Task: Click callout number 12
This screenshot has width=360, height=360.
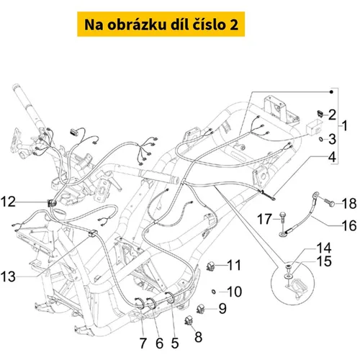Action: [x=8, y=202]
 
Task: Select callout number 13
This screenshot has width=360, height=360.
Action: [x=8, y=276]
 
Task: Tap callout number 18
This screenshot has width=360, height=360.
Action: [x=349, y=204]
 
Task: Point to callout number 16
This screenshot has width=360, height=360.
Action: [x=349, y=225]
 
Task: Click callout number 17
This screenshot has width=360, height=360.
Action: [x=264, y=219]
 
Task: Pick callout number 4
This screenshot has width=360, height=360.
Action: [x=332, y=157]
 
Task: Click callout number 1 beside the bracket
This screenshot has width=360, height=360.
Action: [x=345, y=125]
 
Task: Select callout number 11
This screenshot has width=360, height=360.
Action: [x=234, y=265]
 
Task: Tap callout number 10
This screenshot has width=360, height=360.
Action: [x=234, y=292]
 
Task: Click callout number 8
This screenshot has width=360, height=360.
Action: [x=198, y=337]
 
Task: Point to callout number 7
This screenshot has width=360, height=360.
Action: [x=143, y=343]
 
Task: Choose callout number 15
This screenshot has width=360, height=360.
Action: [x=324, y=261]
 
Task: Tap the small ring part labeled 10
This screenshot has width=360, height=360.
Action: [x=213, y=292]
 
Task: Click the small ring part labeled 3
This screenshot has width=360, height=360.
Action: [x=320, y=139]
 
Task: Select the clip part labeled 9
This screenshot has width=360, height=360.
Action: [x=200, y=309]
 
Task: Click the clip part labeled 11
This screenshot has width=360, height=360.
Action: [x=210, y=266]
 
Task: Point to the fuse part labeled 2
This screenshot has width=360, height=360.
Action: [x=320, y=113]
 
